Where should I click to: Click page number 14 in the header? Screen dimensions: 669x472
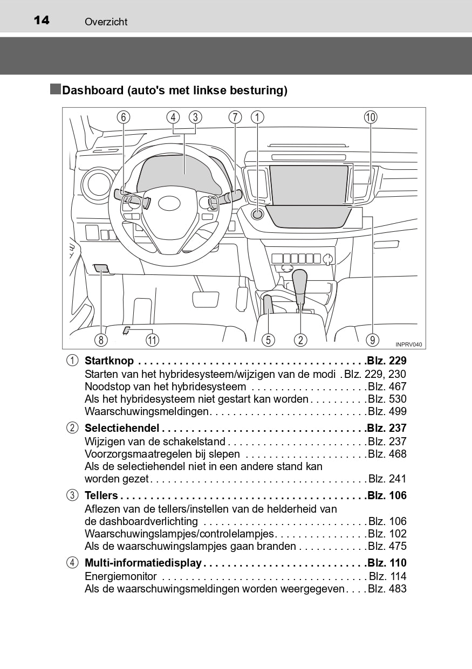[42, 20]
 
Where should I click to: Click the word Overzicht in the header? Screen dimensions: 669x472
[106, 22]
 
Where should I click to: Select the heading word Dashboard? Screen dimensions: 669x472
[93, 91]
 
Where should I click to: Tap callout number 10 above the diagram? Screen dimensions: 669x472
[370, 118]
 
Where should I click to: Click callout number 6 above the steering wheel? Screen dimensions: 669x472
[123, 118]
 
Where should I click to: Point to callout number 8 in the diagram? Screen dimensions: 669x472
[101, 340]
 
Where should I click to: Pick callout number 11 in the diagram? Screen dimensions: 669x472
[152, 340]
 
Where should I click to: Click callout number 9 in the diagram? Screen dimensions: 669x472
[372, 340]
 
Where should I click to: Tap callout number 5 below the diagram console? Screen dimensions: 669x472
[268, 340]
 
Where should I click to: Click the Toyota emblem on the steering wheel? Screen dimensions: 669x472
[169, 203]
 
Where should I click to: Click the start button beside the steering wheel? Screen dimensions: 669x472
[258, 214]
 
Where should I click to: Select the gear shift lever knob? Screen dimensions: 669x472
[300, 280]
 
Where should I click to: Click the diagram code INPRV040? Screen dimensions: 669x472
[408, 344]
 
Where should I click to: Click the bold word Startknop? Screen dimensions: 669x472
[109, 361]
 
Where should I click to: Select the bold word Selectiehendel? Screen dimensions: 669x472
[122, 428]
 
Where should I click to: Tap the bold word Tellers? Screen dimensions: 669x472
[101, 495]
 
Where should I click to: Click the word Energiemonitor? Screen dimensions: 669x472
[121, 576]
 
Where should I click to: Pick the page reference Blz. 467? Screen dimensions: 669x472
[387, 387]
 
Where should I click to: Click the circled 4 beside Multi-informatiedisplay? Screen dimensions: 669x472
[72, 563]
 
